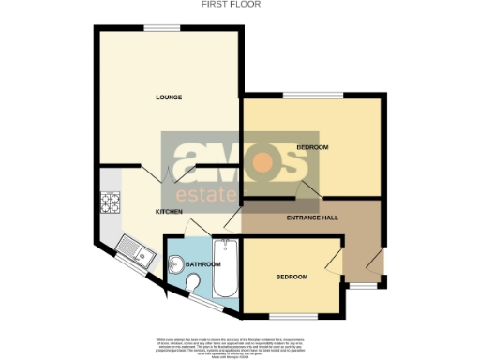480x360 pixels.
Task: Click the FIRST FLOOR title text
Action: point(231,4)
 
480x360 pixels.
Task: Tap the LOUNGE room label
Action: point(169,97)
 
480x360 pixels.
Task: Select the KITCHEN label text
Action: point(169,212)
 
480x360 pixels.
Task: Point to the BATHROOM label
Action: point(202,264)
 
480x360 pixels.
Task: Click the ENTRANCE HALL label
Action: point(312,217)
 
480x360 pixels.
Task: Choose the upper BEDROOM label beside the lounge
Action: point(312,148)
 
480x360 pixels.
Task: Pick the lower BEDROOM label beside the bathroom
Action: point(292,277)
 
